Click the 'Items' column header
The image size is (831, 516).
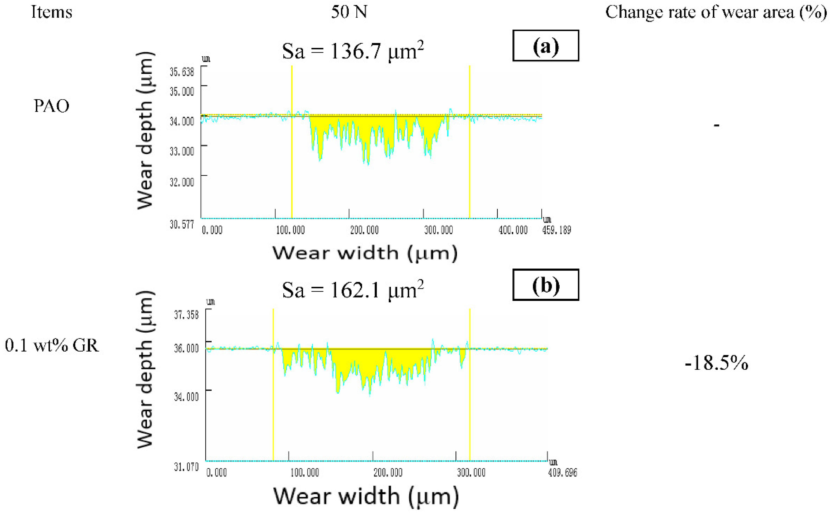(x=52, y=12)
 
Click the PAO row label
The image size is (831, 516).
(x=52, y=106)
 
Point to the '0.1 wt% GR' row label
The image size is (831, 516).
(x=52, y=345)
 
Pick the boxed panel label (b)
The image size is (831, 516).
(x=545, y=285)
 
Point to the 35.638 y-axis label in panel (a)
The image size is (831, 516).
(x=182, y=72)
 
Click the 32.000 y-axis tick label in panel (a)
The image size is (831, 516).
(x=182, y=182)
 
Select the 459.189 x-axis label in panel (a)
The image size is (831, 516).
(x=556, y=230)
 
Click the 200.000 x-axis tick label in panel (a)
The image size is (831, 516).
(x=364, y=230)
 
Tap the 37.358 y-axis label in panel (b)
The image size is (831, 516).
(x=186, y=315)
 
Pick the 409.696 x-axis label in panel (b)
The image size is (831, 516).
(x=562, y=473)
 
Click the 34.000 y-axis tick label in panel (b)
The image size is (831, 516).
(x=186, y=397)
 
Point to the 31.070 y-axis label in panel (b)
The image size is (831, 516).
(x=186, y=467)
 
